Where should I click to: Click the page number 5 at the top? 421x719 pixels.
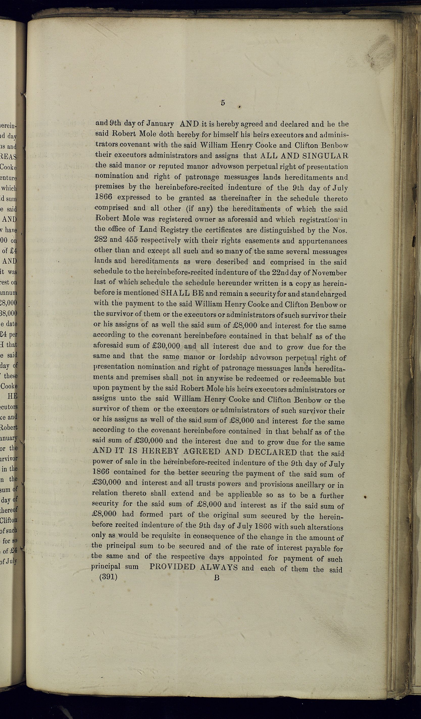click(223, 103)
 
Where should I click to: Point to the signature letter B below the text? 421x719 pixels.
click(216, 663)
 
